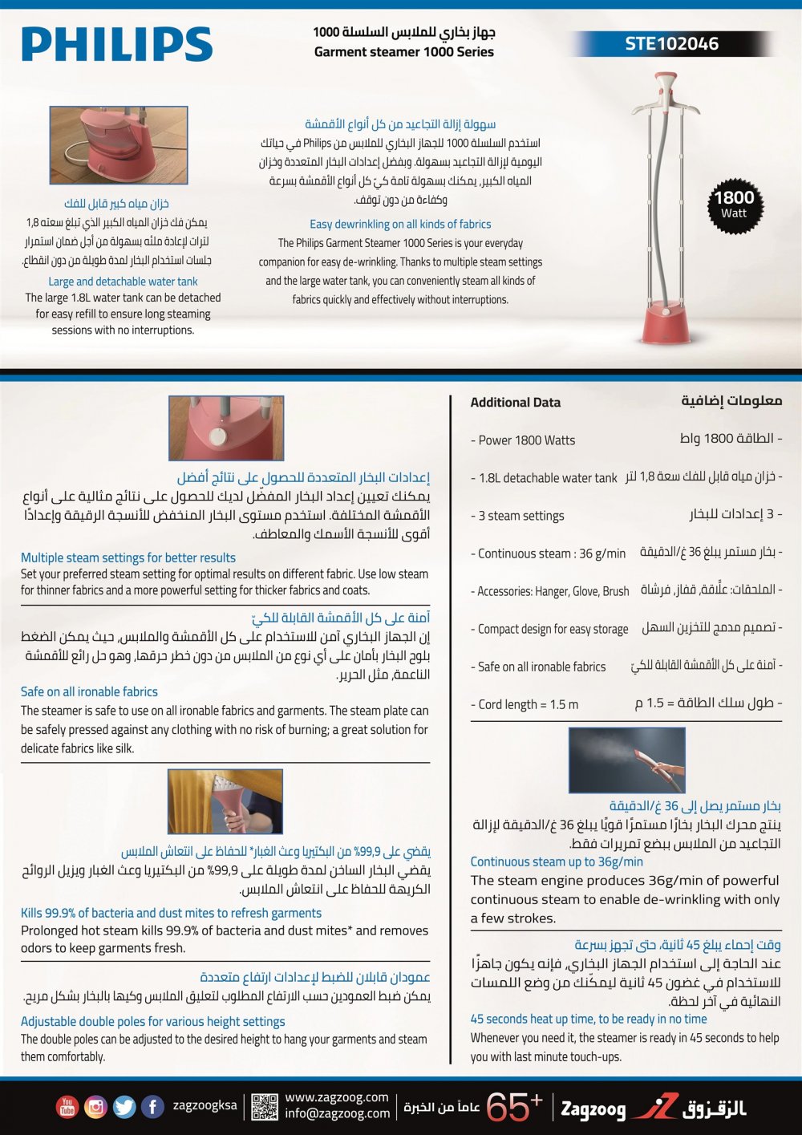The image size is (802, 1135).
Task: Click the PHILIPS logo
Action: pyautogui.click(x=117, y=44)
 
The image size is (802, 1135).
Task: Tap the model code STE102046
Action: pyautogui.click(x=671, y=44)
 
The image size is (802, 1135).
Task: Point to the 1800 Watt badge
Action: pyautogui.click(x=734, y=205)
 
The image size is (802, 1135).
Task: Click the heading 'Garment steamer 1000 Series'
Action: pyautogui.click(x=403, y=52)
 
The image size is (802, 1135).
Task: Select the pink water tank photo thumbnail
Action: pyautogui.click(x=119, y=146)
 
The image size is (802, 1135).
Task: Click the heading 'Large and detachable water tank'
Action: pyautogui.click(x=123, y=282)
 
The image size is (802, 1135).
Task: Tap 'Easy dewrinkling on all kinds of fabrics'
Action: pyautogui.click(x=400, y=225)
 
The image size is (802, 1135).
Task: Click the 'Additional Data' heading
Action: pyautogui.click(x=515, y=403)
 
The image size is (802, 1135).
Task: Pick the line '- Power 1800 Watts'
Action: pyautogui.click(x=523, y=440)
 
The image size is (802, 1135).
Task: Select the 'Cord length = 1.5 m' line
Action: pyautogui.click(x=525, y=705)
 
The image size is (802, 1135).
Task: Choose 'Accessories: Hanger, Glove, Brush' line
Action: pyautogui.click(x=550, y=592)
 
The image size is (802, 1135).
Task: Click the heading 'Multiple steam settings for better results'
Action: pyautogui.click(x=128, y=557)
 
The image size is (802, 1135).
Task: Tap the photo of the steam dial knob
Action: pyautogui.click(x=226, y=428)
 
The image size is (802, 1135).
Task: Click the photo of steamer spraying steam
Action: pyautogui.click(x=626, y=760)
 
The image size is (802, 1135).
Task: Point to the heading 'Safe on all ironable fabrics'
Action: pyautogui.click(x=89, y=691)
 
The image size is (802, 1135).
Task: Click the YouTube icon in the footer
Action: pyautogui.click(x=67, y=1107)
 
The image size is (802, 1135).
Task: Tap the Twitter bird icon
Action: pyautogui.click(x=124, y=1107)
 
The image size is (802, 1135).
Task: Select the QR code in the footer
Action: pyautogui.click(x=264, y=1107)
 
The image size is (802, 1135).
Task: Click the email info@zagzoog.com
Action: pyautogui.click(x=337, y=1113)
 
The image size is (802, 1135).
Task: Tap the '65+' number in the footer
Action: pyautogui.click(x=514, y=1107)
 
